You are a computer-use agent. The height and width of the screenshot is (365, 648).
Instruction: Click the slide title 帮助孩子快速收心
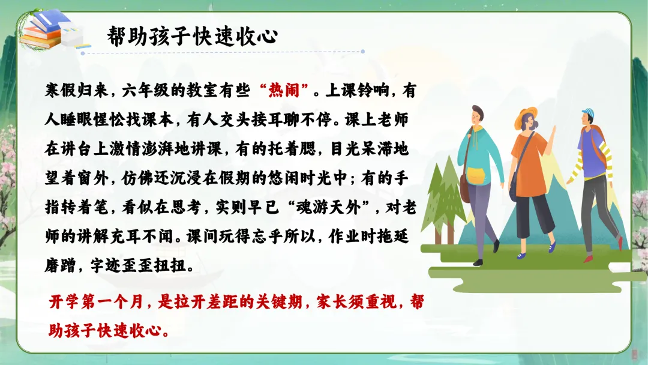pos(192,37)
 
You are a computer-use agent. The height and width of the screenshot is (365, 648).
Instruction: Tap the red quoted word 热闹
pos(284,90)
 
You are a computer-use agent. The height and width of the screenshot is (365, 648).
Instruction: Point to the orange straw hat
pos(525,116)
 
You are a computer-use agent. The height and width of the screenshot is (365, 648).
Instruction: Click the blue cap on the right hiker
pos(587,112)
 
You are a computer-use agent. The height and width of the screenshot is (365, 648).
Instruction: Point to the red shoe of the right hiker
pos(587,259)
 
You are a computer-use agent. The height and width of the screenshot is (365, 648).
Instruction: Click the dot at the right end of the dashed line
pos(362,52)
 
